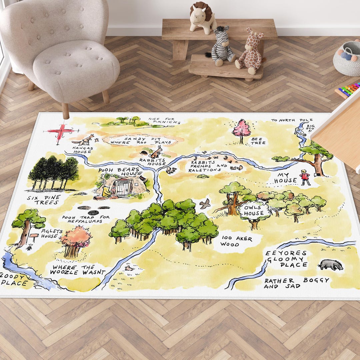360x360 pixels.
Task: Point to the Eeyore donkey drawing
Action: [330, 265]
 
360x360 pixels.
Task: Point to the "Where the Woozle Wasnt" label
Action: [78, 270]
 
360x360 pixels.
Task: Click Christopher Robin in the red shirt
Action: [305, 177]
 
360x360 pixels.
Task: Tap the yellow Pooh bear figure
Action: [107, 193]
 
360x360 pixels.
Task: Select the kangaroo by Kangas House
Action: [86, 140]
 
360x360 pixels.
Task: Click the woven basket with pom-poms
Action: [347, 59]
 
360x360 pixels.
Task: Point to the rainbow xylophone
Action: [348, 90]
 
